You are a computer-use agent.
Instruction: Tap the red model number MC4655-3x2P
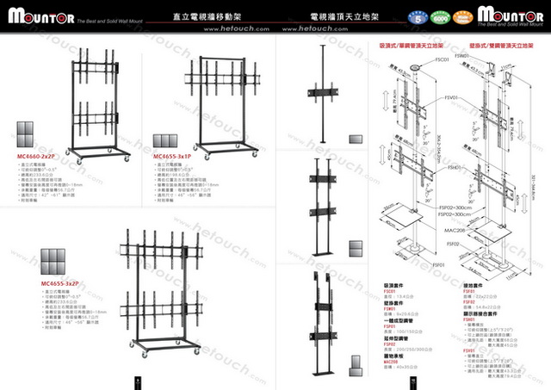click(x=59, y=282)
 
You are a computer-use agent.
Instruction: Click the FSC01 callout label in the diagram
click(x=443, y=60)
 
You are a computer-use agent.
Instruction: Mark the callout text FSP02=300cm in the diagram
click(x=455, y=208)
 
